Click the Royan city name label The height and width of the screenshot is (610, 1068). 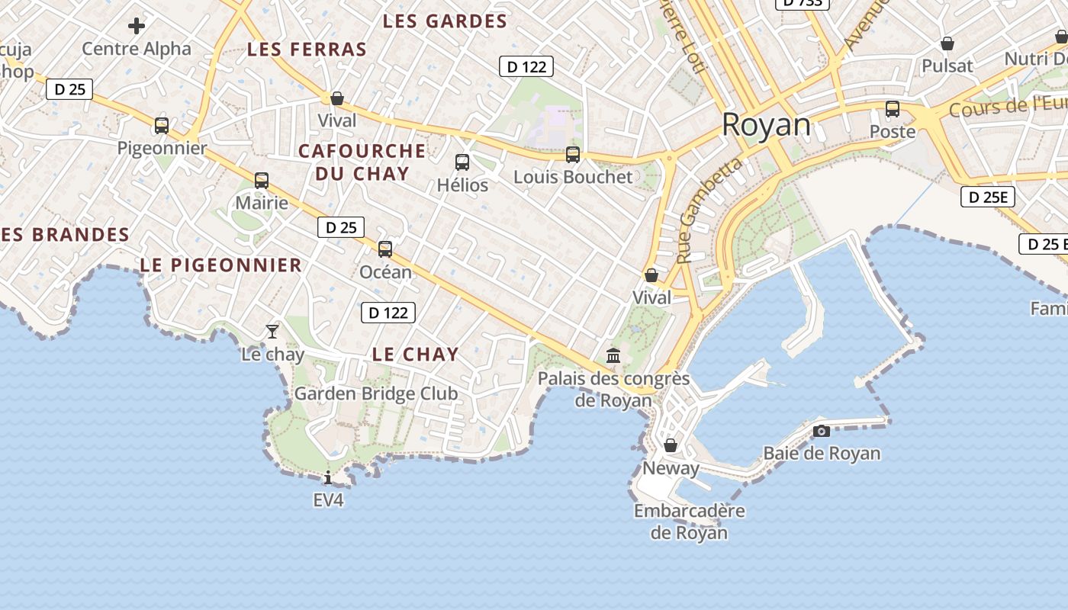[766, 124]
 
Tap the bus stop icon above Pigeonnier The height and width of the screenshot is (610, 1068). [162, 125]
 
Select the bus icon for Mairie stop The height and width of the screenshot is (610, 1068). [262, 181]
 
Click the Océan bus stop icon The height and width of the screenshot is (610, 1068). [385, 249]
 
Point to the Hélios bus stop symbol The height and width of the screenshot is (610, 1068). [462, 162]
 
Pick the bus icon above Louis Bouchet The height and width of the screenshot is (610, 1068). [573, 155]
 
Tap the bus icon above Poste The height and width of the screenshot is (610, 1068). [893, 109]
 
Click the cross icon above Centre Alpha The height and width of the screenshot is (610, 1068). [137, 27]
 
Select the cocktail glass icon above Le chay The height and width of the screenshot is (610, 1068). [272, 331]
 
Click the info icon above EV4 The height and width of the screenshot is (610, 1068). [328, 478]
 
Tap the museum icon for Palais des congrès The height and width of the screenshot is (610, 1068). [613, 355]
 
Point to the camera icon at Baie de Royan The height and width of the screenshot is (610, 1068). [822, 431]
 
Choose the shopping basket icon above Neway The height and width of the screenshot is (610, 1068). [671, 445]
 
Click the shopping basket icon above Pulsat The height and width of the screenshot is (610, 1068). [947, 43]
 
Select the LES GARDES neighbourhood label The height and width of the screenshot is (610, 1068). [445, 21]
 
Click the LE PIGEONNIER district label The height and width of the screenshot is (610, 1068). [221, 265]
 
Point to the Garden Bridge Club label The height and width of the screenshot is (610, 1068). [376, 393]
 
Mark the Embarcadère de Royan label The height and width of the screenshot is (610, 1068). [689, 522]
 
